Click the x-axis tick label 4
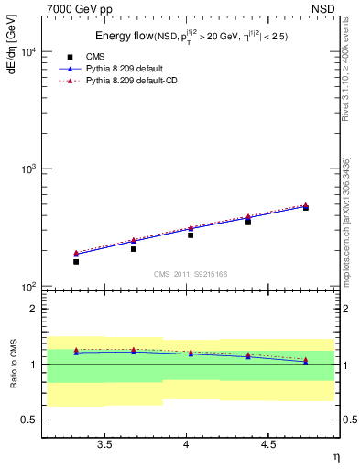click(187, 444)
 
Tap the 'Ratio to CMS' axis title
click(13, 364)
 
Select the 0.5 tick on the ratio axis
click(30, 420)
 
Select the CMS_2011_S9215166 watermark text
click(191, 273)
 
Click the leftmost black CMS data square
click(76, 262)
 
